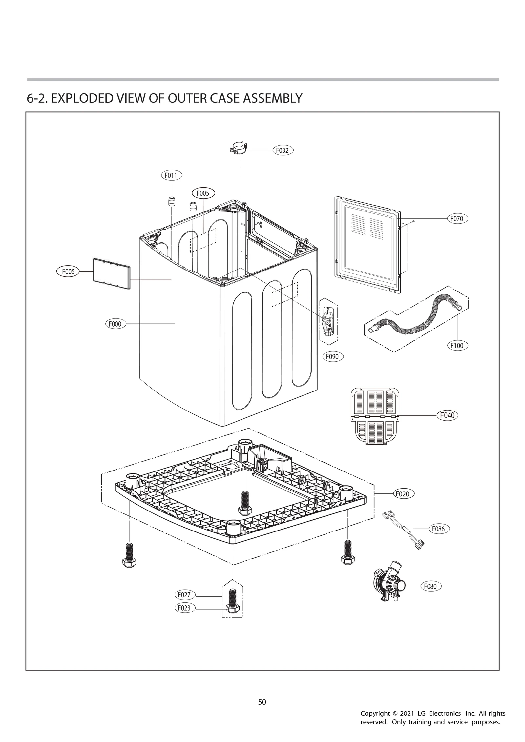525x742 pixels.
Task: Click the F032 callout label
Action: point(282,150)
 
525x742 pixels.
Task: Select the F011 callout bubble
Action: point(171,175)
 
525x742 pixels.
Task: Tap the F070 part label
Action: point(457,218)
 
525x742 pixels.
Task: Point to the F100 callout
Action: point(457,345)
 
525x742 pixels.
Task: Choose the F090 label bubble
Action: point(332,356)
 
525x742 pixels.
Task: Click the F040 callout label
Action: point(447,415)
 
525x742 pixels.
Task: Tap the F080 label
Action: point(430,586)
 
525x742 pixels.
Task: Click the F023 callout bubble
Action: point(184,608)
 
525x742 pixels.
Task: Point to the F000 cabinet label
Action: point(115,324)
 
